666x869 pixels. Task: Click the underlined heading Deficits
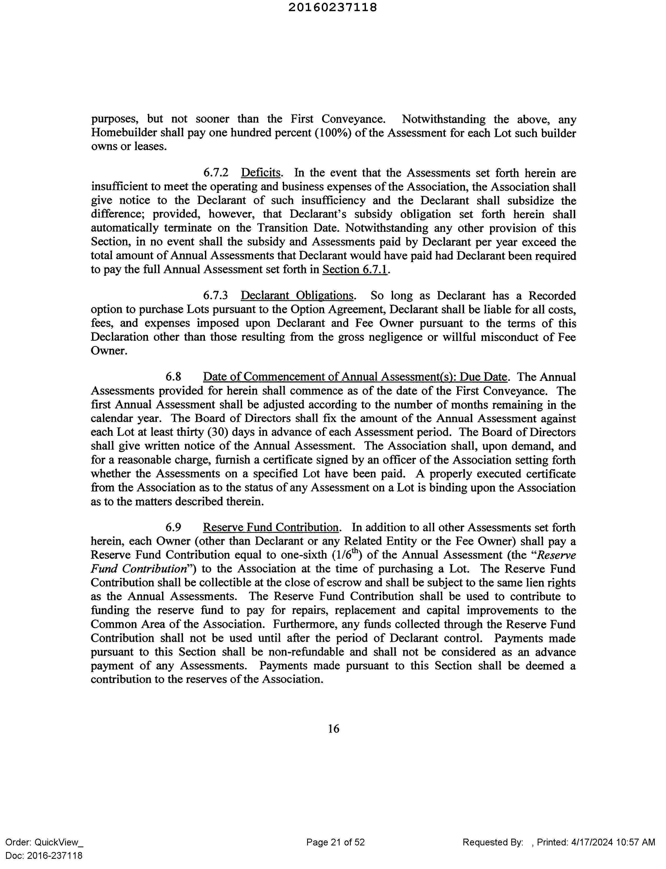point(261,173)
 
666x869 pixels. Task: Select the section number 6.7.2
point(216,173)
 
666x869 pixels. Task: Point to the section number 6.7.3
point(216,296)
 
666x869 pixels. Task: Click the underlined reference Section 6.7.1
point(355,270)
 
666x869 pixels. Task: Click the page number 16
point(334,728)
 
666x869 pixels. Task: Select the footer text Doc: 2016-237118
point(44,855)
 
